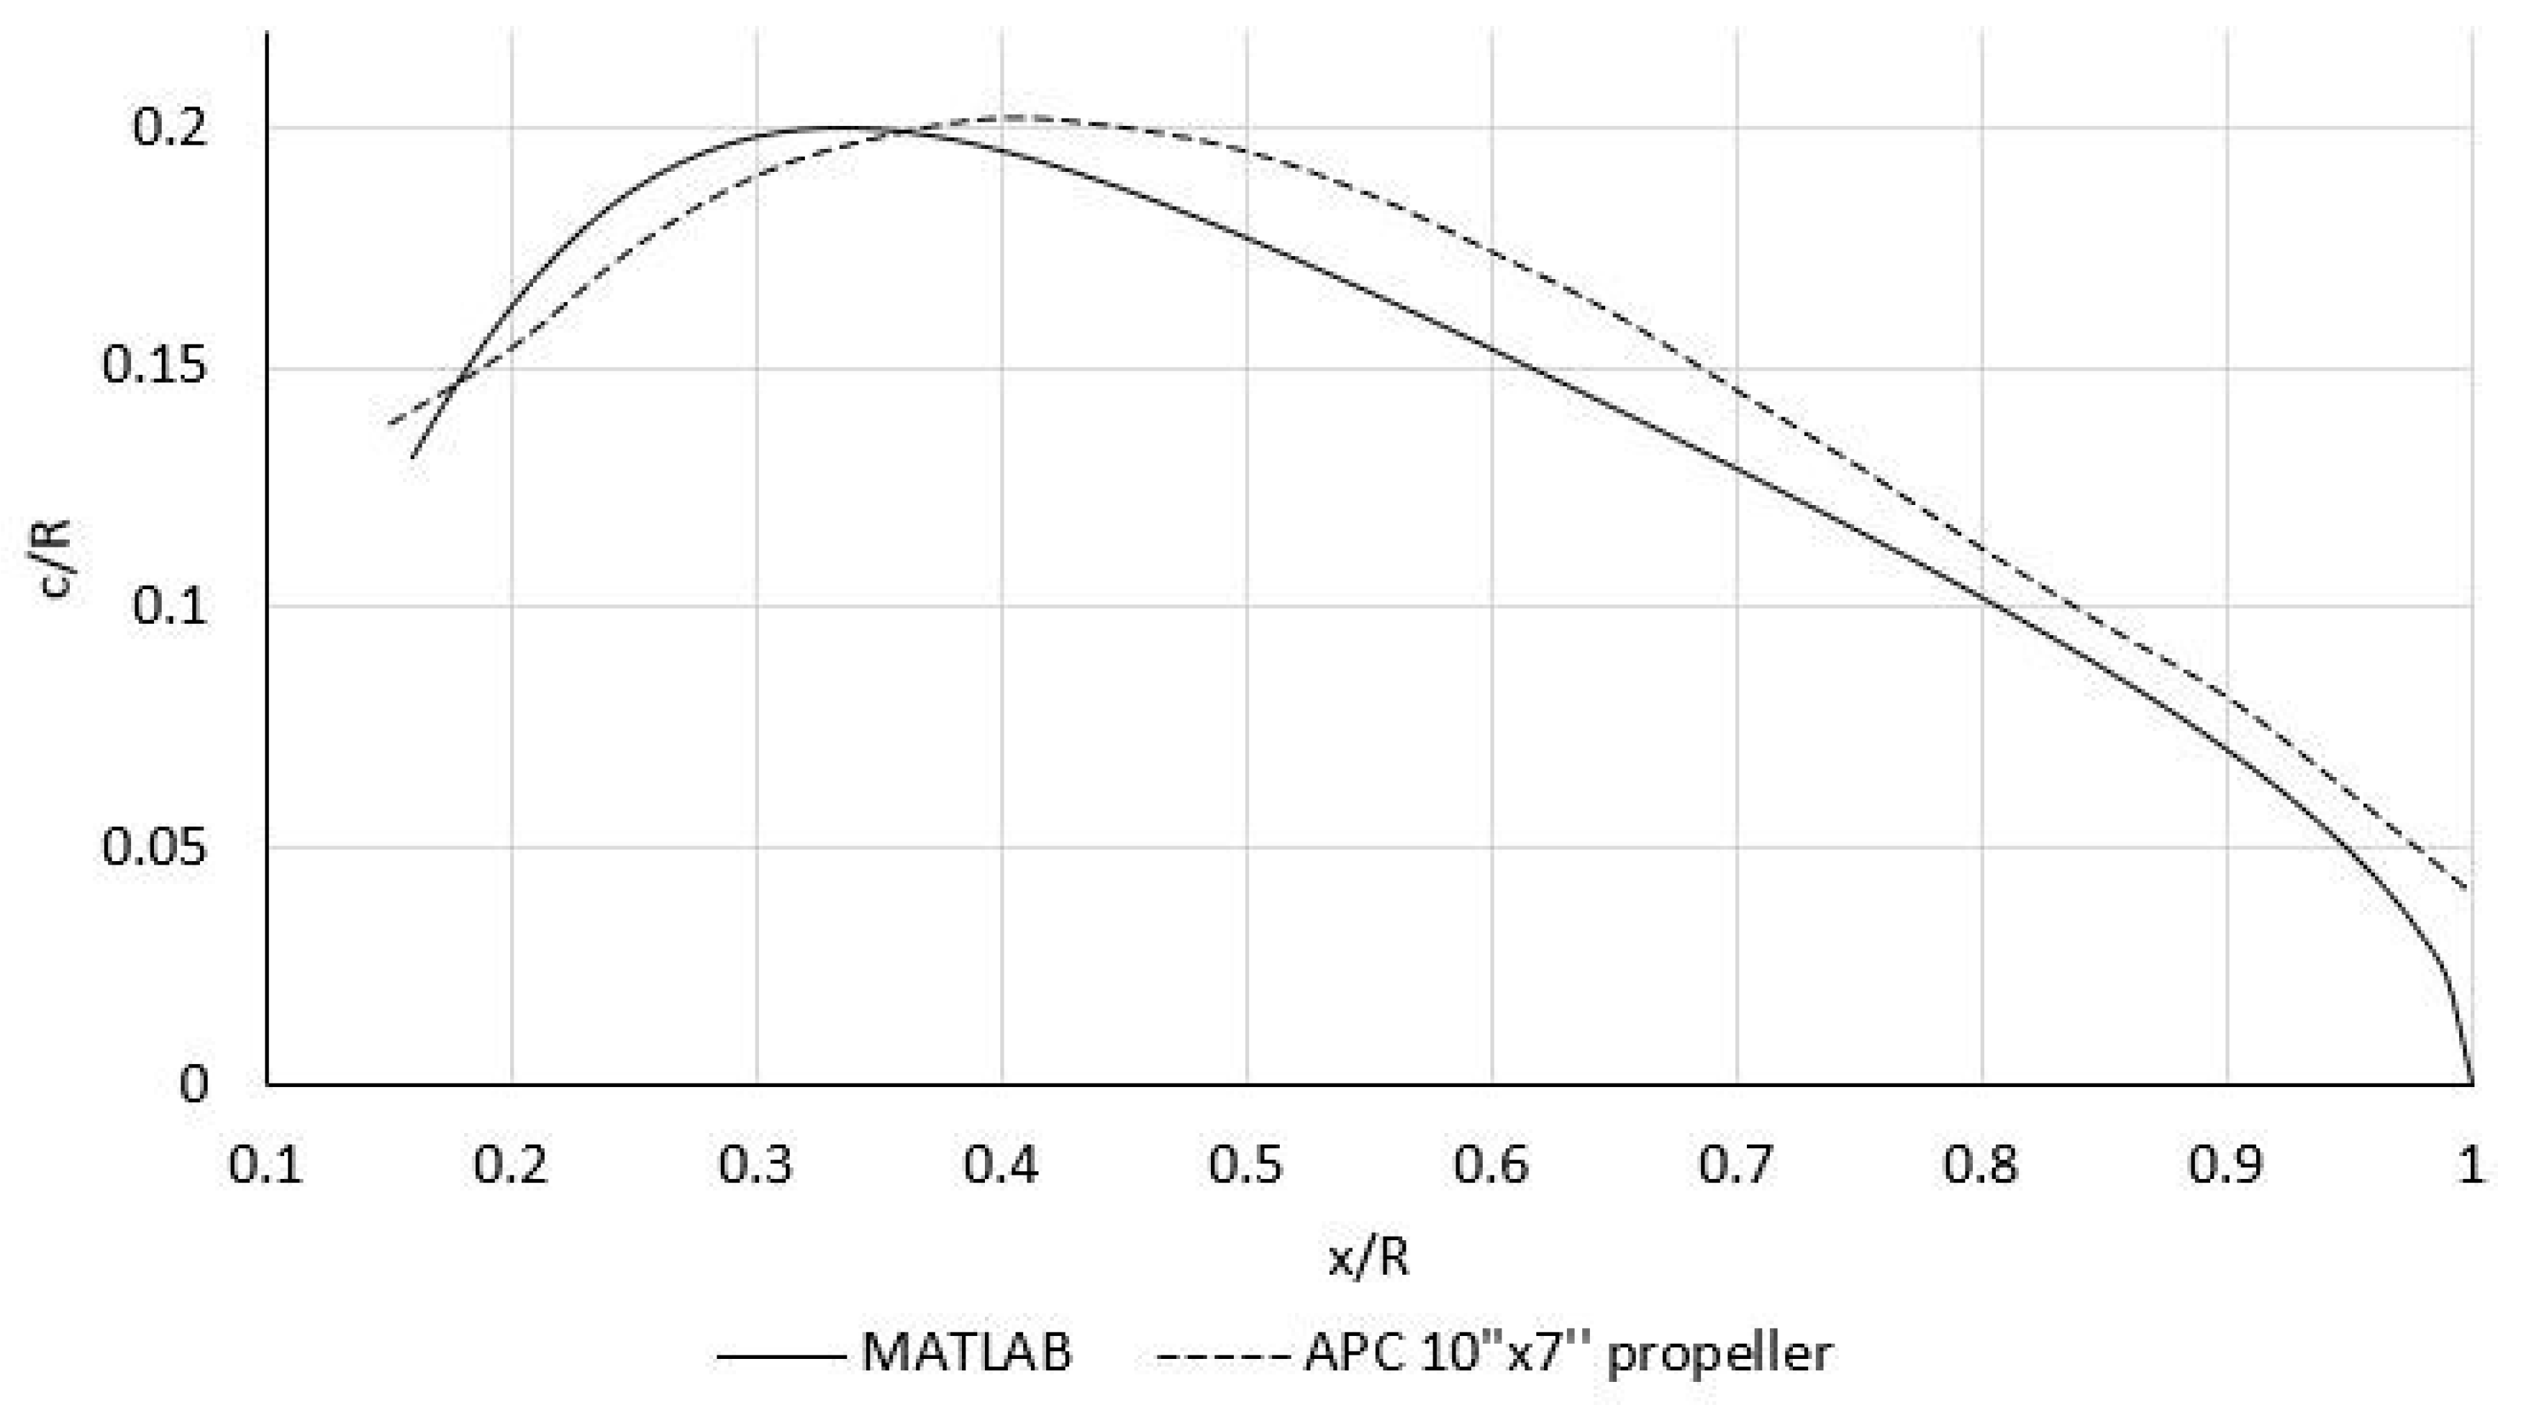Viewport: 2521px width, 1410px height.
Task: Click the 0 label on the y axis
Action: click(x=194, y=1084)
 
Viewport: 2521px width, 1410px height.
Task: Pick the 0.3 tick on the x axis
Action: click(x=755, y=1165)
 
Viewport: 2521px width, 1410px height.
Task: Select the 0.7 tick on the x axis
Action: click(x=1735, y=1165)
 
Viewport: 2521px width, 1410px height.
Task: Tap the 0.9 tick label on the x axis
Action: click(x=2225, y=1165)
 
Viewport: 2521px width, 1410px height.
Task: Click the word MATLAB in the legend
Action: click(x=967, y=1353)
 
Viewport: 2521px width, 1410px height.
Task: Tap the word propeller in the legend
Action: click(x=1720, y=1355)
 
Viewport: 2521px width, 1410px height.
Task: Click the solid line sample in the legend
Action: click(x=780, y=1356)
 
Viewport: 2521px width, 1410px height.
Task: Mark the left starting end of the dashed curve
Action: click(x=391, y=423)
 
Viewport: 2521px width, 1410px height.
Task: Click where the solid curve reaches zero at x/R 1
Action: click(x=2472, y=1082)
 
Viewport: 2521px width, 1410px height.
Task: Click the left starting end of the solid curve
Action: click(x=413, y=457)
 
